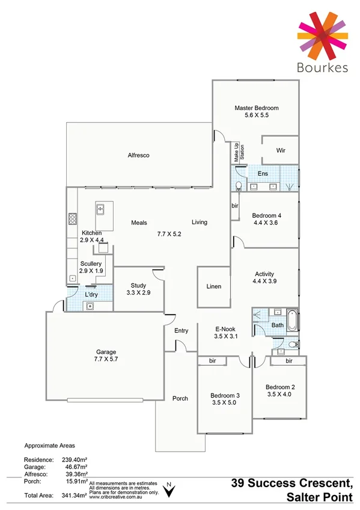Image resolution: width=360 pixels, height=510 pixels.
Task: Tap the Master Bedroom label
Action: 257,108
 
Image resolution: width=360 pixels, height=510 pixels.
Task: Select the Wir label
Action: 280,150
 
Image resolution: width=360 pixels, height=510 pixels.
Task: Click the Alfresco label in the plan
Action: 138,155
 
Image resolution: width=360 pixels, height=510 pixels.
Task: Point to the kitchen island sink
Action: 100,210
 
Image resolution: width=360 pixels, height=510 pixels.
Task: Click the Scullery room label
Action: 91,263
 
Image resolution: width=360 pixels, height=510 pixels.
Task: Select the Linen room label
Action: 213,286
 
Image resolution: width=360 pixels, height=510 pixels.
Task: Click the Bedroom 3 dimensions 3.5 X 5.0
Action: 225,403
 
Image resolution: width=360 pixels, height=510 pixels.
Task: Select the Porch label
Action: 180,398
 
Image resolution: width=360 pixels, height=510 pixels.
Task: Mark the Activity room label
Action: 264,274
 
